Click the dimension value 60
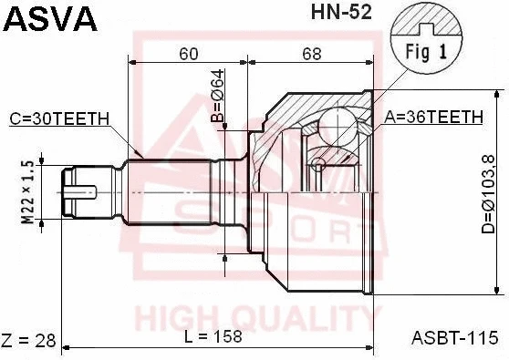click(188, 54)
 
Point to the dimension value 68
click(312, 54)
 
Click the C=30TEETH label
click(60, 118)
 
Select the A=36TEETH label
click(433, 117)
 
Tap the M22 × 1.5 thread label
click(27, 192)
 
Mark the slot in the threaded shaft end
click(82, 192)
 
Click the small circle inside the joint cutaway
click(317, 164)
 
